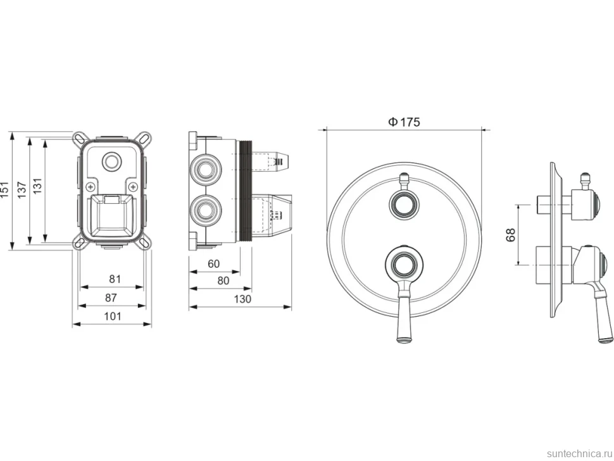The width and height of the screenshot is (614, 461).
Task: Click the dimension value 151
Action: pos(4,189)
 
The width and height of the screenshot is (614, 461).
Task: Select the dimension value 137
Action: pos(22,189)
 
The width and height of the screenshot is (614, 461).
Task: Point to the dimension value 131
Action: pos(37,186)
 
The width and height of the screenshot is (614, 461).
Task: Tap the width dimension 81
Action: pos(115,279)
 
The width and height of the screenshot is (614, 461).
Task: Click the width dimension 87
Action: pos(111,298)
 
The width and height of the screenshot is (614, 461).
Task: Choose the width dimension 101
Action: pos(113,316)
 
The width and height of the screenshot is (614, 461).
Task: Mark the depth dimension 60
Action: pos(213,263)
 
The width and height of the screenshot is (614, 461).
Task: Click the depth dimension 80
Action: pos(223,281)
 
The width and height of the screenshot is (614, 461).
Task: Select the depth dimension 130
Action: pos(242,300)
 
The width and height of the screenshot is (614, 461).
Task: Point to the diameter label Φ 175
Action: pos(404,122)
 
